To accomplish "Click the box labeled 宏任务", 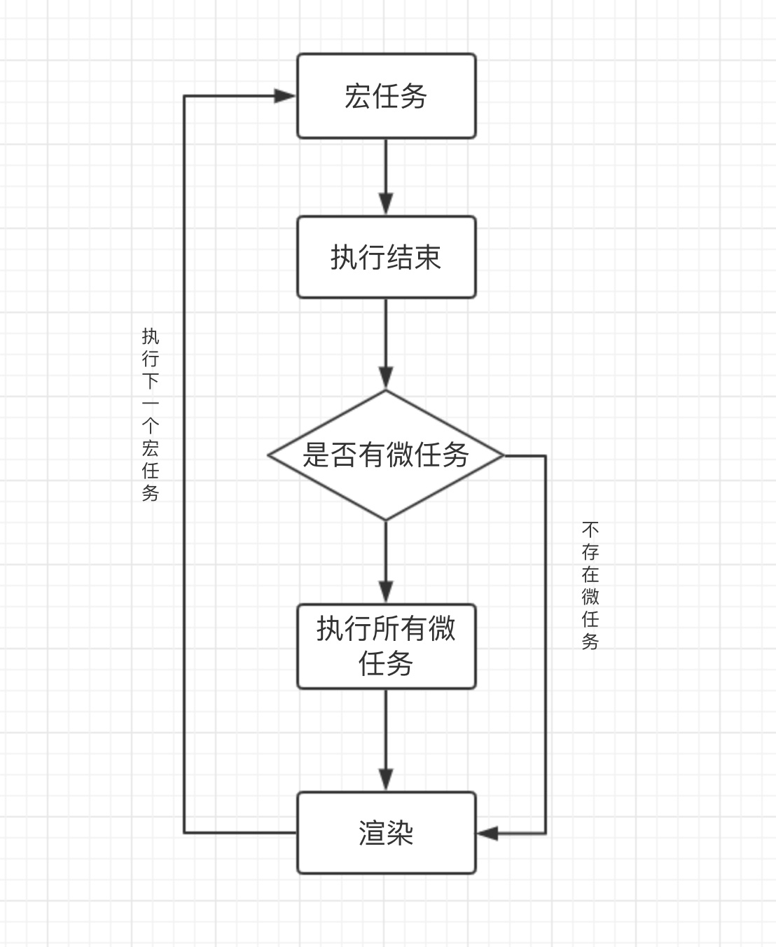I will pyautogui.click(x=386, y=96).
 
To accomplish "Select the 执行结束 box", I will pyautogui.click(x=386, y=257).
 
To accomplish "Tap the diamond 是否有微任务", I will pyautogui.click(x=386, y=455).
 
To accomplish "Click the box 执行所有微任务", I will pyautogui.click(x=386, y=646).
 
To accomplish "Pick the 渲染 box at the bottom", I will pyautogui.click(x=386, y=833).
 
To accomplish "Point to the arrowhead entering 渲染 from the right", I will pyautogui.click(x=487, y=834).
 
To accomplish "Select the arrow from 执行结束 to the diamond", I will pyautogui.click(x=386, y=343).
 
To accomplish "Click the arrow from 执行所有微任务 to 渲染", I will pyautogui.click(x=386, y=740).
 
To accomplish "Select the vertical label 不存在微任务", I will pyautogui.click(x=590, y=585).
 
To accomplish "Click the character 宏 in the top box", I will pyautogui.click(x=357, y=97).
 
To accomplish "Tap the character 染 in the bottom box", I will pyautogui.click(x=400, y=834).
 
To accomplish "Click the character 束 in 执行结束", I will pyautogui.click(x=427, y=258).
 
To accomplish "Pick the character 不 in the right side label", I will pyautogui.click(x=590, y=529).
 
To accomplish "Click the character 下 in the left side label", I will pyautogui.click(x=151, y=381).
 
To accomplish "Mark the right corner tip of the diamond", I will pyautogui.click(x=503, y=455).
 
